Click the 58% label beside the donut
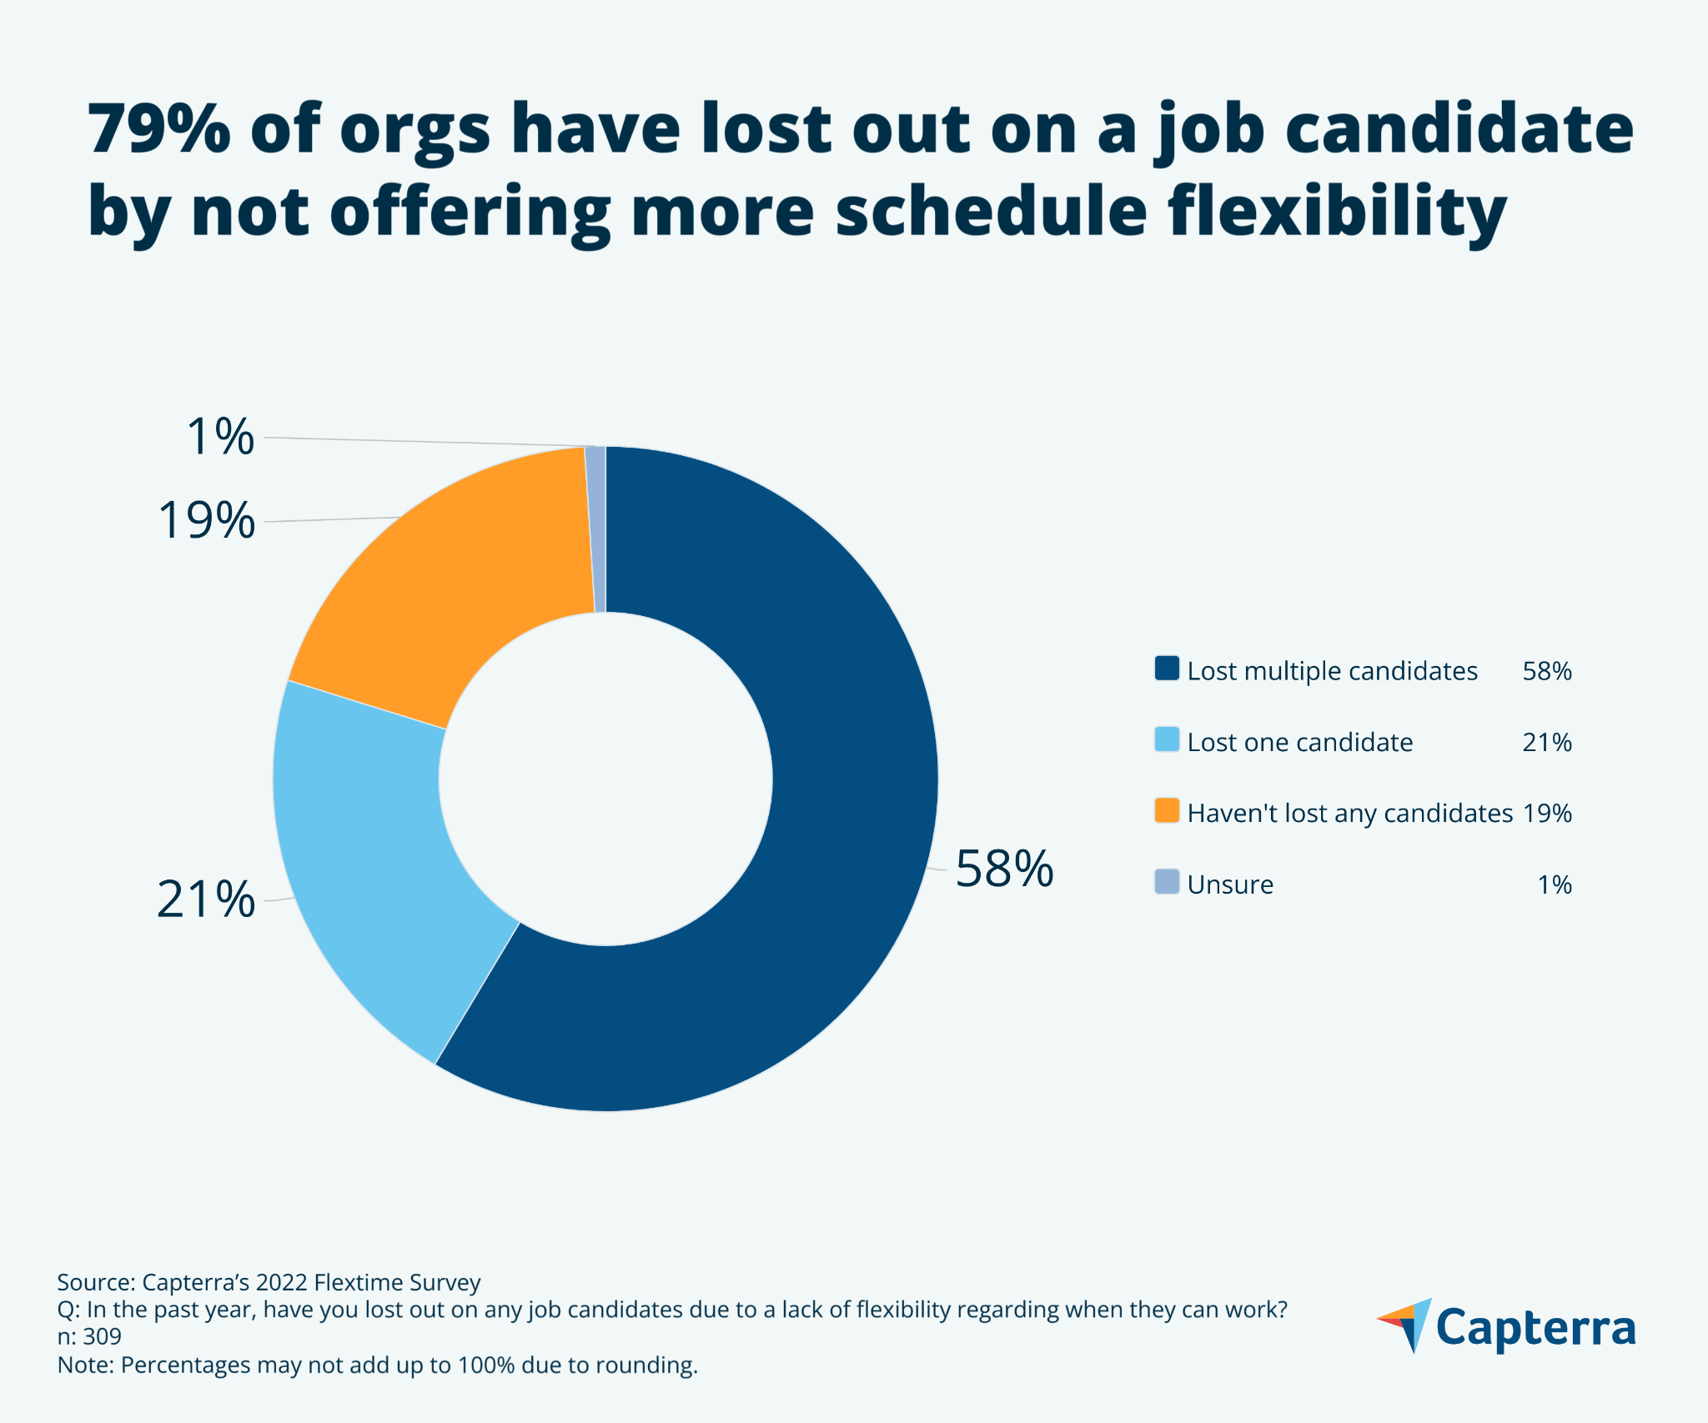click(x=1004, y=869)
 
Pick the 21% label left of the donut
click(x=205, y=900)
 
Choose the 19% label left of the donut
click(x=206, y=521)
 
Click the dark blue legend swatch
click(x=1167, y=669)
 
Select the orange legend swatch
click(x=1167, y=811)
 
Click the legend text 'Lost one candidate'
click(x=1299, y=742)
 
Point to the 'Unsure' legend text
click(x=1230, y=884)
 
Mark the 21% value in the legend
click(x=1546, y=742)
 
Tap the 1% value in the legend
click(x=1555, y=884)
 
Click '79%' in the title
click(x=158, y=129)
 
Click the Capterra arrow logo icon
click(x=1407, y=1324)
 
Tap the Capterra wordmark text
click(x=1535, y=1328)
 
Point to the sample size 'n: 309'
click(x=89, y=1337)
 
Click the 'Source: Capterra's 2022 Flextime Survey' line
click(x=269, y=1282)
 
